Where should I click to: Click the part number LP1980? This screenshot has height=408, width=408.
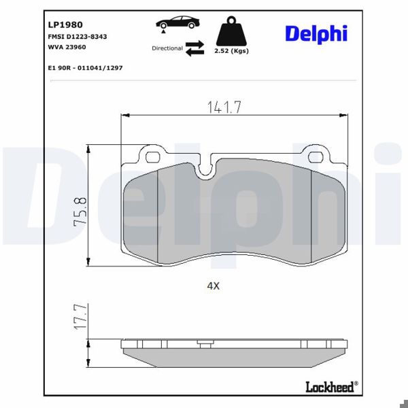point(65,24)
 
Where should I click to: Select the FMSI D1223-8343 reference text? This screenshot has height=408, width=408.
point(78,37)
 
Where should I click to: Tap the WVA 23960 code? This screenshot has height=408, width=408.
point(67,47)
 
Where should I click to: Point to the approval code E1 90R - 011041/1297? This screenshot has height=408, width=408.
point(85,68)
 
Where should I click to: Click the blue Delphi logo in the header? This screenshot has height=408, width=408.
point(316,34)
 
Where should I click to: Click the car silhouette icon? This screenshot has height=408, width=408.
point(177,22)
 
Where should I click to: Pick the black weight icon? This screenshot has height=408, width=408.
point(231,31)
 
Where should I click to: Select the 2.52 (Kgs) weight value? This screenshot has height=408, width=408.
point(232,51)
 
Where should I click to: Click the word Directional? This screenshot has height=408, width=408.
point(167,48)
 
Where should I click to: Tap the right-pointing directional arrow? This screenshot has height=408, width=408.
point(194,44)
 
